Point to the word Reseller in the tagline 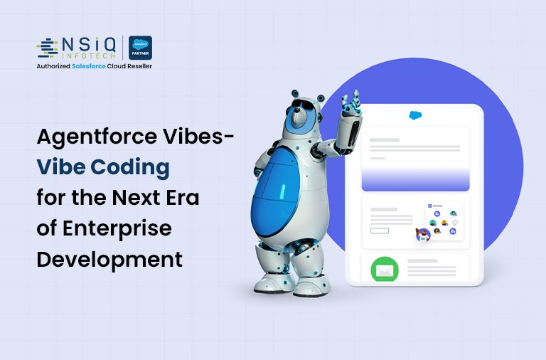point(134,66)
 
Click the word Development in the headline point(109,260)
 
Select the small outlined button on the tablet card point(380,231)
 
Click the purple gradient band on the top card point(415,179)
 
